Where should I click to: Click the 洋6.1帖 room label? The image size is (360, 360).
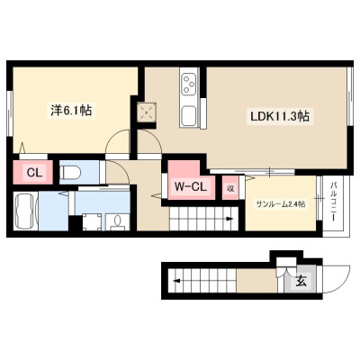(x=71, y=111)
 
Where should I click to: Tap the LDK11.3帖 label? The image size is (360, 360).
(x=280, y=116)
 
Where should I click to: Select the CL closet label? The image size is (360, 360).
(x=35, y=173)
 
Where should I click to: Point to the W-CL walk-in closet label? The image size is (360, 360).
(x=191, y=187)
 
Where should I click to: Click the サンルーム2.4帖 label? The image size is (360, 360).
(x=281, y=204)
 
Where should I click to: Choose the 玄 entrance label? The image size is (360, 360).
(x=301, y=282)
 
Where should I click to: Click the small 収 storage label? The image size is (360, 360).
(x=230, y=188)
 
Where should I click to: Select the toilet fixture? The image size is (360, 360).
(x=70, y=173)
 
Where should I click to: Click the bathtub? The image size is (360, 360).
(x=25, y=211)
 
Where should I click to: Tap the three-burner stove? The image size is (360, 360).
(x=189, y=84)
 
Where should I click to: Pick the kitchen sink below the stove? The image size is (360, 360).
(x=189, y=116)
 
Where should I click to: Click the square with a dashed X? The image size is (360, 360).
(x=147, y=112)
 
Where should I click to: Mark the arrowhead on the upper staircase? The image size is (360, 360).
(x=229, y=219)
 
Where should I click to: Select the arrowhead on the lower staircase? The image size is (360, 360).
(x=177, y=282)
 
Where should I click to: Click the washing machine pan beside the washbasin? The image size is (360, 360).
(x=92, y=222)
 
